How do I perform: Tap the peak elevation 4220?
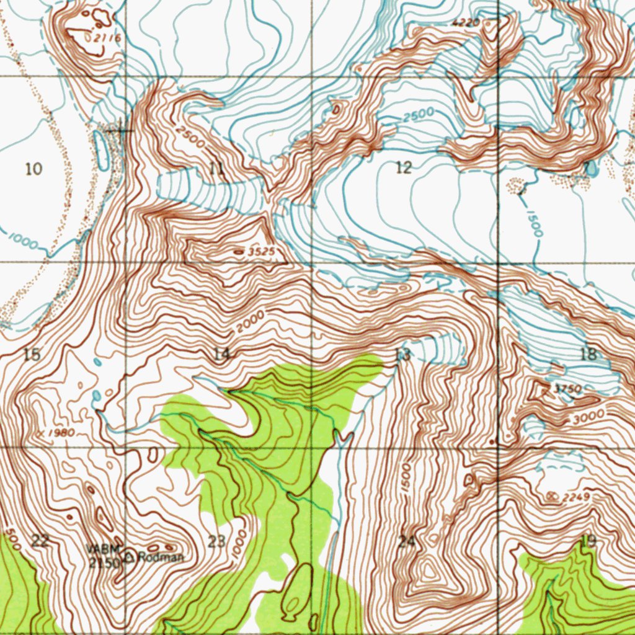pos(466,23)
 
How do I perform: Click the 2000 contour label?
pos(250,321)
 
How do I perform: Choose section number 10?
pos(34,168)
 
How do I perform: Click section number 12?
pos(403,167)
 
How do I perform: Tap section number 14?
pos(221,354)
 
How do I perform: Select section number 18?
pos(588,354)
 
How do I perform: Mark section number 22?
pos(40,541)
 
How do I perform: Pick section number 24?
pos(406,541)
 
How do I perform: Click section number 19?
pos(587,541)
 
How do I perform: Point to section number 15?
pos(32,355)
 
